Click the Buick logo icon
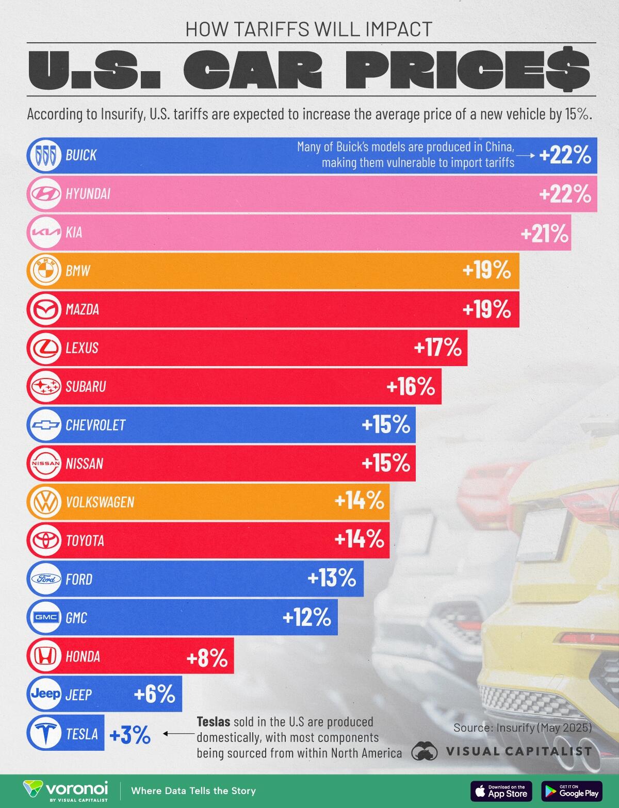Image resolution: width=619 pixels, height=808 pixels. point(44,155)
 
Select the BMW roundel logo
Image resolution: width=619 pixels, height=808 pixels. point(44,271)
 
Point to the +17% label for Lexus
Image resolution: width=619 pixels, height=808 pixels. point(437,349)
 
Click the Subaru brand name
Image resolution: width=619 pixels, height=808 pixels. point(86,386)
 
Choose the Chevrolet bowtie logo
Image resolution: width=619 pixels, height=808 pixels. point(44,425)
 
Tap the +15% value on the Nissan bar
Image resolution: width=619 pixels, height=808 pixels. point(386,464)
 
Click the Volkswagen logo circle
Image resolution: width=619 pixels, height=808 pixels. point(44,502)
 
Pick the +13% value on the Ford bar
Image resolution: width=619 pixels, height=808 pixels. point(332,579)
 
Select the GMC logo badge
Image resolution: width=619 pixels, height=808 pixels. point(44,617)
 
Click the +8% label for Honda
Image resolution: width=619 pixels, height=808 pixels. point(207,657)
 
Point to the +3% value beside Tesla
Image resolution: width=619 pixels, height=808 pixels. point(129,734)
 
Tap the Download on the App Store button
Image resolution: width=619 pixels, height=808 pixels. point(501,790)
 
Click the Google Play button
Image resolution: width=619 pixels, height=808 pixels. point(573,790)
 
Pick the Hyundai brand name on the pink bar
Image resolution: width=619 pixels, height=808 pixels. point(88,194)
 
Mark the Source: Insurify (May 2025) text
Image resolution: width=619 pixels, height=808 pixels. point(522,728)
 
